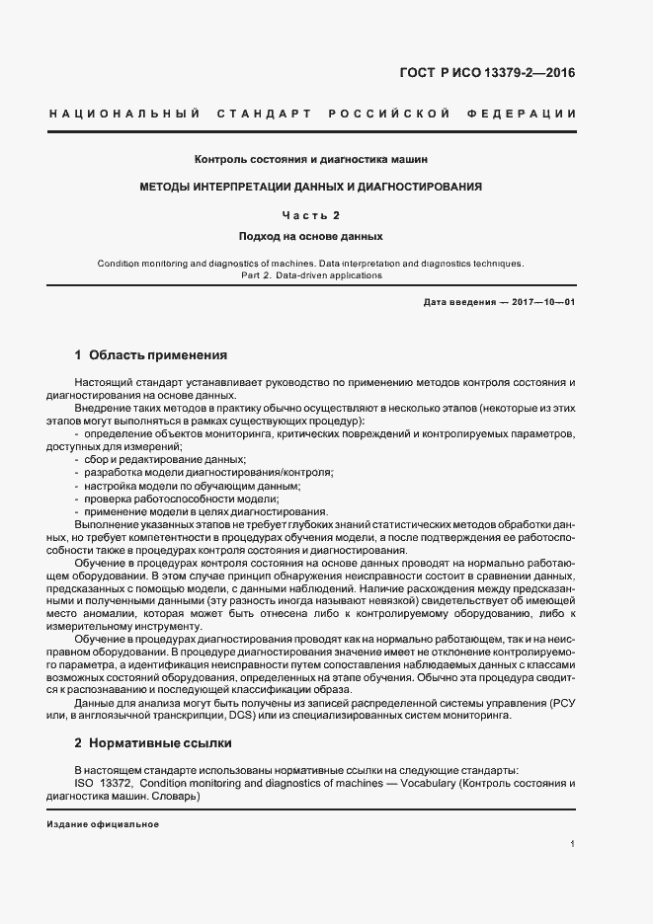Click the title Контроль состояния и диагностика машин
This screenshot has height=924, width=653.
pyautogui.click(x=310, y=159)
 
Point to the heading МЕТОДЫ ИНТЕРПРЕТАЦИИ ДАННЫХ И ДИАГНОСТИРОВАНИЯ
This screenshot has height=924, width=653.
pyautogui.click(x=310, y=186)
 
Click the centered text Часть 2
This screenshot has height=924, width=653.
pyautogui.click(x=310, y=214)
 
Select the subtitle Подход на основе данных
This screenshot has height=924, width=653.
pyautogui.click(x=310, y=237)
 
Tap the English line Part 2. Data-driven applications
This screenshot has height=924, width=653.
pyautogui.click(x=310, y=275)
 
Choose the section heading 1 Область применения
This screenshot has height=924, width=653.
pyautogui.click(x=151, y=354)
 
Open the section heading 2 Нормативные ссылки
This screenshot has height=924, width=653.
pyautogui.click(x=153, y=741)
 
